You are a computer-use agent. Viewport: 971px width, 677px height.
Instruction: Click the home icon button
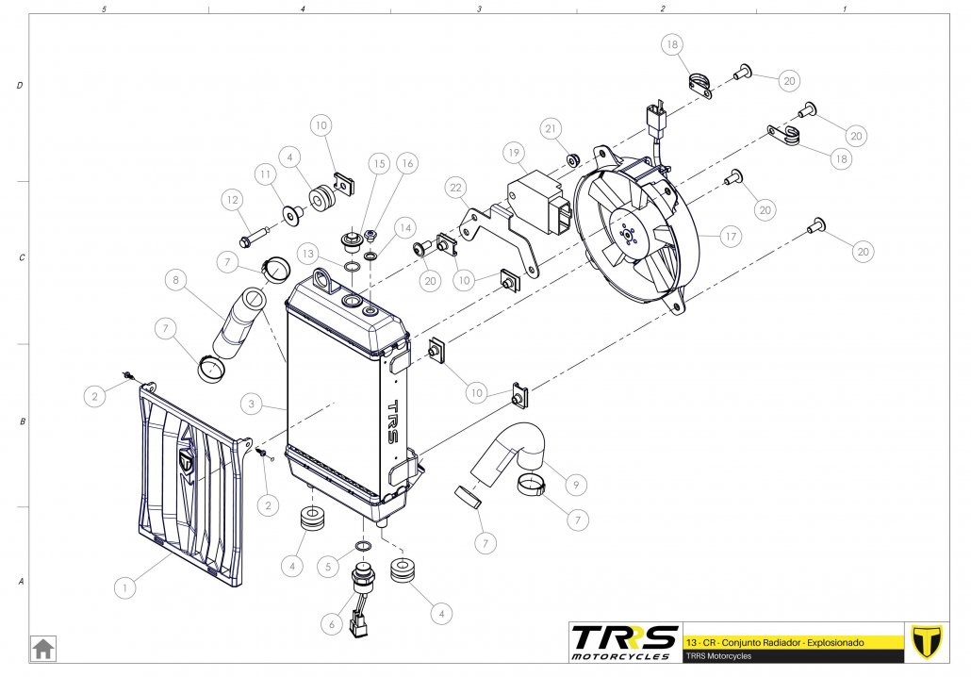tap(43, 649)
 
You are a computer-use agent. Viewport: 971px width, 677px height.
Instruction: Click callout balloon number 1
tap(123, 586)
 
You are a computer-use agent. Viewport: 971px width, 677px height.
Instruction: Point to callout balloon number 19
tap(513, 152)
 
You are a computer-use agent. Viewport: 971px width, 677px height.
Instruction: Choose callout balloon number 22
tap(456, 190)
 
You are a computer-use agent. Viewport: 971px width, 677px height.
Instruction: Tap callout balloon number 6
tap(330, 622)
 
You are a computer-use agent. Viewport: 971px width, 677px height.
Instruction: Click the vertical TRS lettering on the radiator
tap(394, 422)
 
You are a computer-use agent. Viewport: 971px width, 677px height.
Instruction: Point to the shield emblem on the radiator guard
tap(187, 463)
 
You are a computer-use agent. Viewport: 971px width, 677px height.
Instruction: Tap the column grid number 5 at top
tap(104, 8)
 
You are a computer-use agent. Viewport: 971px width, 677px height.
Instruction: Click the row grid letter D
tap(20, 86)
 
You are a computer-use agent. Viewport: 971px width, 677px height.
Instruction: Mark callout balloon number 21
tap(551, 128)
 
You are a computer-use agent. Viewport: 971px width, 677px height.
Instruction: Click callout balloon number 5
tap(327, 567)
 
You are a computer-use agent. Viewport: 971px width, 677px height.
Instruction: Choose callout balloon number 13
tap(308, 254)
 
